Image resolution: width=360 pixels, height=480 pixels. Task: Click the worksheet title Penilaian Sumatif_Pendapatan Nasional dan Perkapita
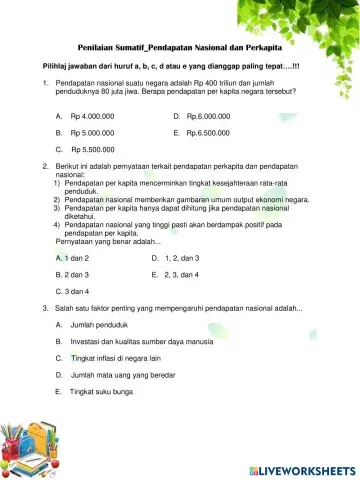point(179,47)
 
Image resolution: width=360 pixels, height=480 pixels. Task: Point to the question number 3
point(46,308)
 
